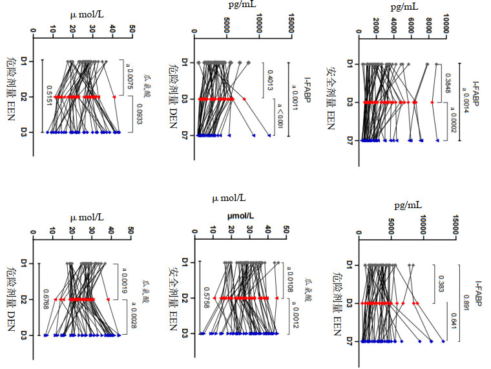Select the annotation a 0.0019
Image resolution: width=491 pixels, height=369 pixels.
(x=129, y=280)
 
